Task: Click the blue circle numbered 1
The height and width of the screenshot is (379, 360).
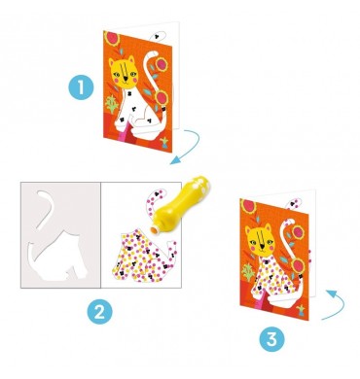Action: (x=81, y=87)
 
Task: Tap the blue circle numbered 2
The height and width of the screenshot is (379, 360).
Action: (x=99, y=313)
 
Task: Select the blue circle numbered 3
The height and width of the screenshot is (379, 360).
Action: (x=271, y=339)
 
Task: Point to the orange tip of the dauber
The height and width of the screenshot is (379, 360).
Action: (x=154, y=229)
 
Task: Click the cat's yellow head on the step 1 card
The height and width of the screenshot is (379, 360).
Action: (x=123, y=73)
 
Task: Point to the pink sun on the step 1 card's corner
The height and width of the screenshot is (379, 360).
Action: (x=112, y=38)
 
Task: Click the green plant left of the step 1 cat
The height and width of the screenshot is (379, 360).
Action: (x=112, y=104)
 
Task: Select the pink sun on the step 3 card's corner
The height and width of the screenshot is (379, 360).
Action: (x=248, y=207)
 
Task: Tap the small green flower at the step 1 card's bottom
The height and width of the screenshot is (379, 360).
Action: (x=164, y=141)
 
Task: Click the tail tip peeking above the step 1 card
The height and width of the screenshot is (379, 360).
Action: (x=159, y=36)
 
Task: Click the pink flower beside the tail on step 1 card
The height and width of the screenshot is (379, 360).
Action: (x=161, y=64)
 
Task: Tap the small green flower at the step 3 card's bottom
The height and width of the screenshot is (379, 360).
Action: (x=302, y=310)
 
